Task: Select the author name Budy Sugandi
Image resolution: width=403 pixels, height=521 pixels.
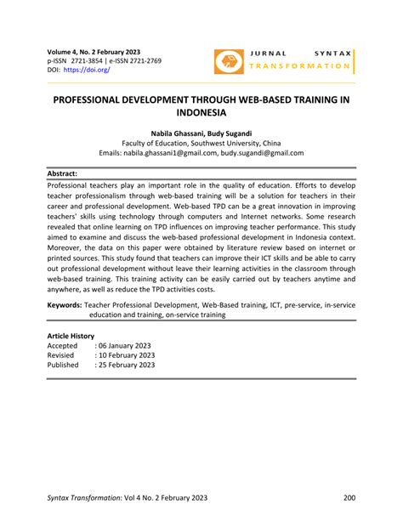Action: click(229, 133)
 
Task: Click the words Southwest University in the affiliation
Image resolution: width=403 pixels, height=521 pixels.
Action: click(230, 143)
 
